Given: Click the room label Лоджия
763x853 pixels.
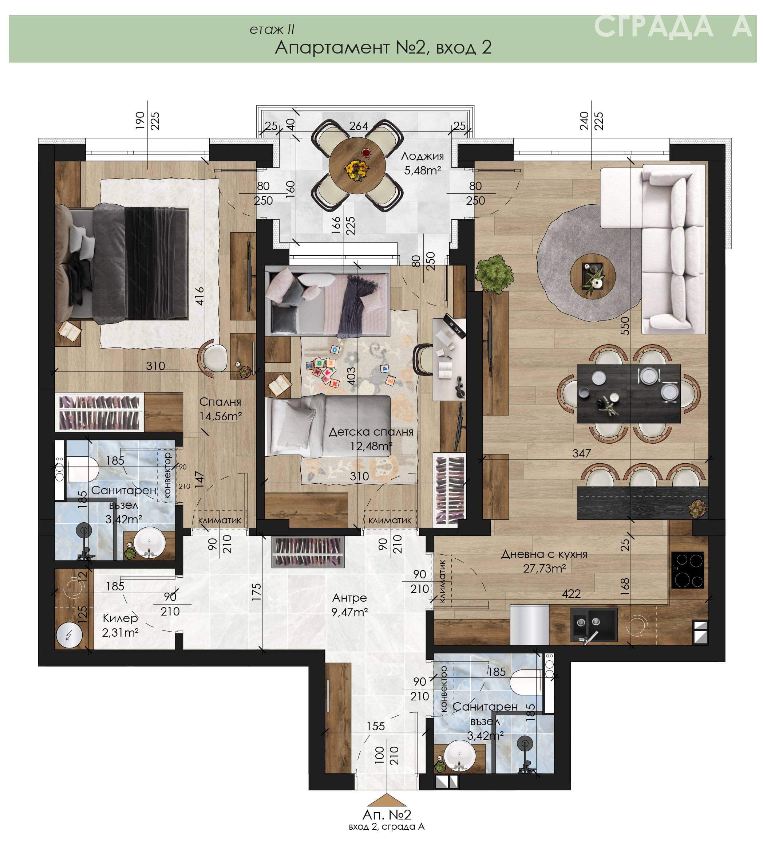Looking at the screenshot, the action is [422, 156].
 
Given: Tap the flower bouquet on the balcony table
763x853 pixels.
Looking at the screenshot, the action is [357, 170].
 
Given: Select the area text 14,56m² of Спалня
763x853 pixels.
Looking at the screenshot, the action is [221, 416].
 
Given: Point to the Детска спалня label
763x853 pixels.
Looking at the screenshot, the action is [371, 432].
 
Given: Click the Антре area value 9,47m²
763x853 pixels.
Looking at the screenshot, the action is [349, 612].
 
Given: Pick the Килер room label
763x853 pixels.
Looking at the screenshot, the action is [120, 618].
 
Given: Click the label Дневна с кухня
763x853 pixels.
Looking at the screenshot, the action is [544, 554].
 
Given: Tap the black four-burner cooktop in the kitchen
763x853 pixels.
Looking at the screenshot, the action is [688, 570].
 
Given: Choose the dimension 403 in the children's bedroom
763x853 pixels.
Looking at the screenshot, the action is [351, 376].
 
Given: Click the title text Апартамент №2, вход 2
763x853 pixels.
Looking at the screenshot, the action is [383, 47].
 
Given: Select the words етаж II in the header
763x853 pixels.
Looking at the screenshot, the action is [272, 30].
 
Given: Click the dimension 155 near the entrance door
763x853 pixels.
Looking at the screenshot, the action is [376, 726].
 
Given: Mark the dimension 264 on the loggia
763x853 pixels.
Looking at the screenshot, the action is [359, 126].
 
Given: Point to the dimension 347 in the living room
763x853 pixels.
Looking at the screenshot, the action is [581, 453].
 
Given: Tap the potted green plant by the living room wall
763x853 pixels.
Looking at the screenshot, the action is [494, 273].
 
